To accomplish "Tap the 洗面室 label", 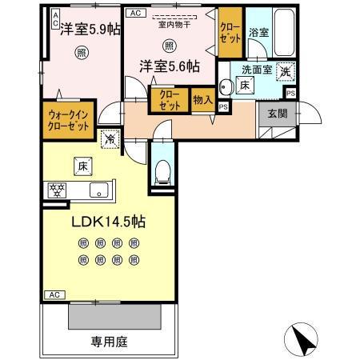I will point(258,69).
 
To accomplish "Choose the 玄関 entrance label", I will point(277,112).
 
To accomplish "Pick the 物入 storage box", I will point(203,100).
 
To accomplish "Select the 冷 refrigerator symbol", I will point(110,138).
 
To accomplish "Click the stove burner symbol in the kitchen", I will point(57,190).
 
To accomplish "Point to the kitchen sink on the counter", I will point(98,190).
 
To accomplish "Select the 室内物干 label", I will point(170,25).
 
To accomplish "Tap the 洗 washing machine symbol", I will point(286,70).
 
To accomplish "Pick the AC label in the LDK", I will point(54,295).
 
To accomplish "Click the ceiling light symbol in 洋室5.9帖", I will point(82,54).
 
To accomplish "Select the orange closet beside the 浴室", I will point(230,31).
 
